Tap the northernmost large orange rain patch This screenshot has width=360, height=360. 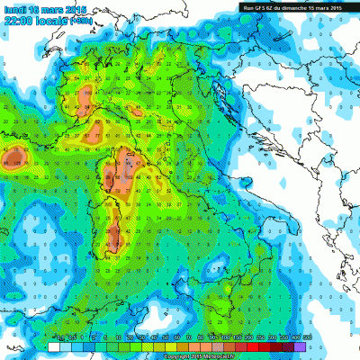(86, 95)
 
